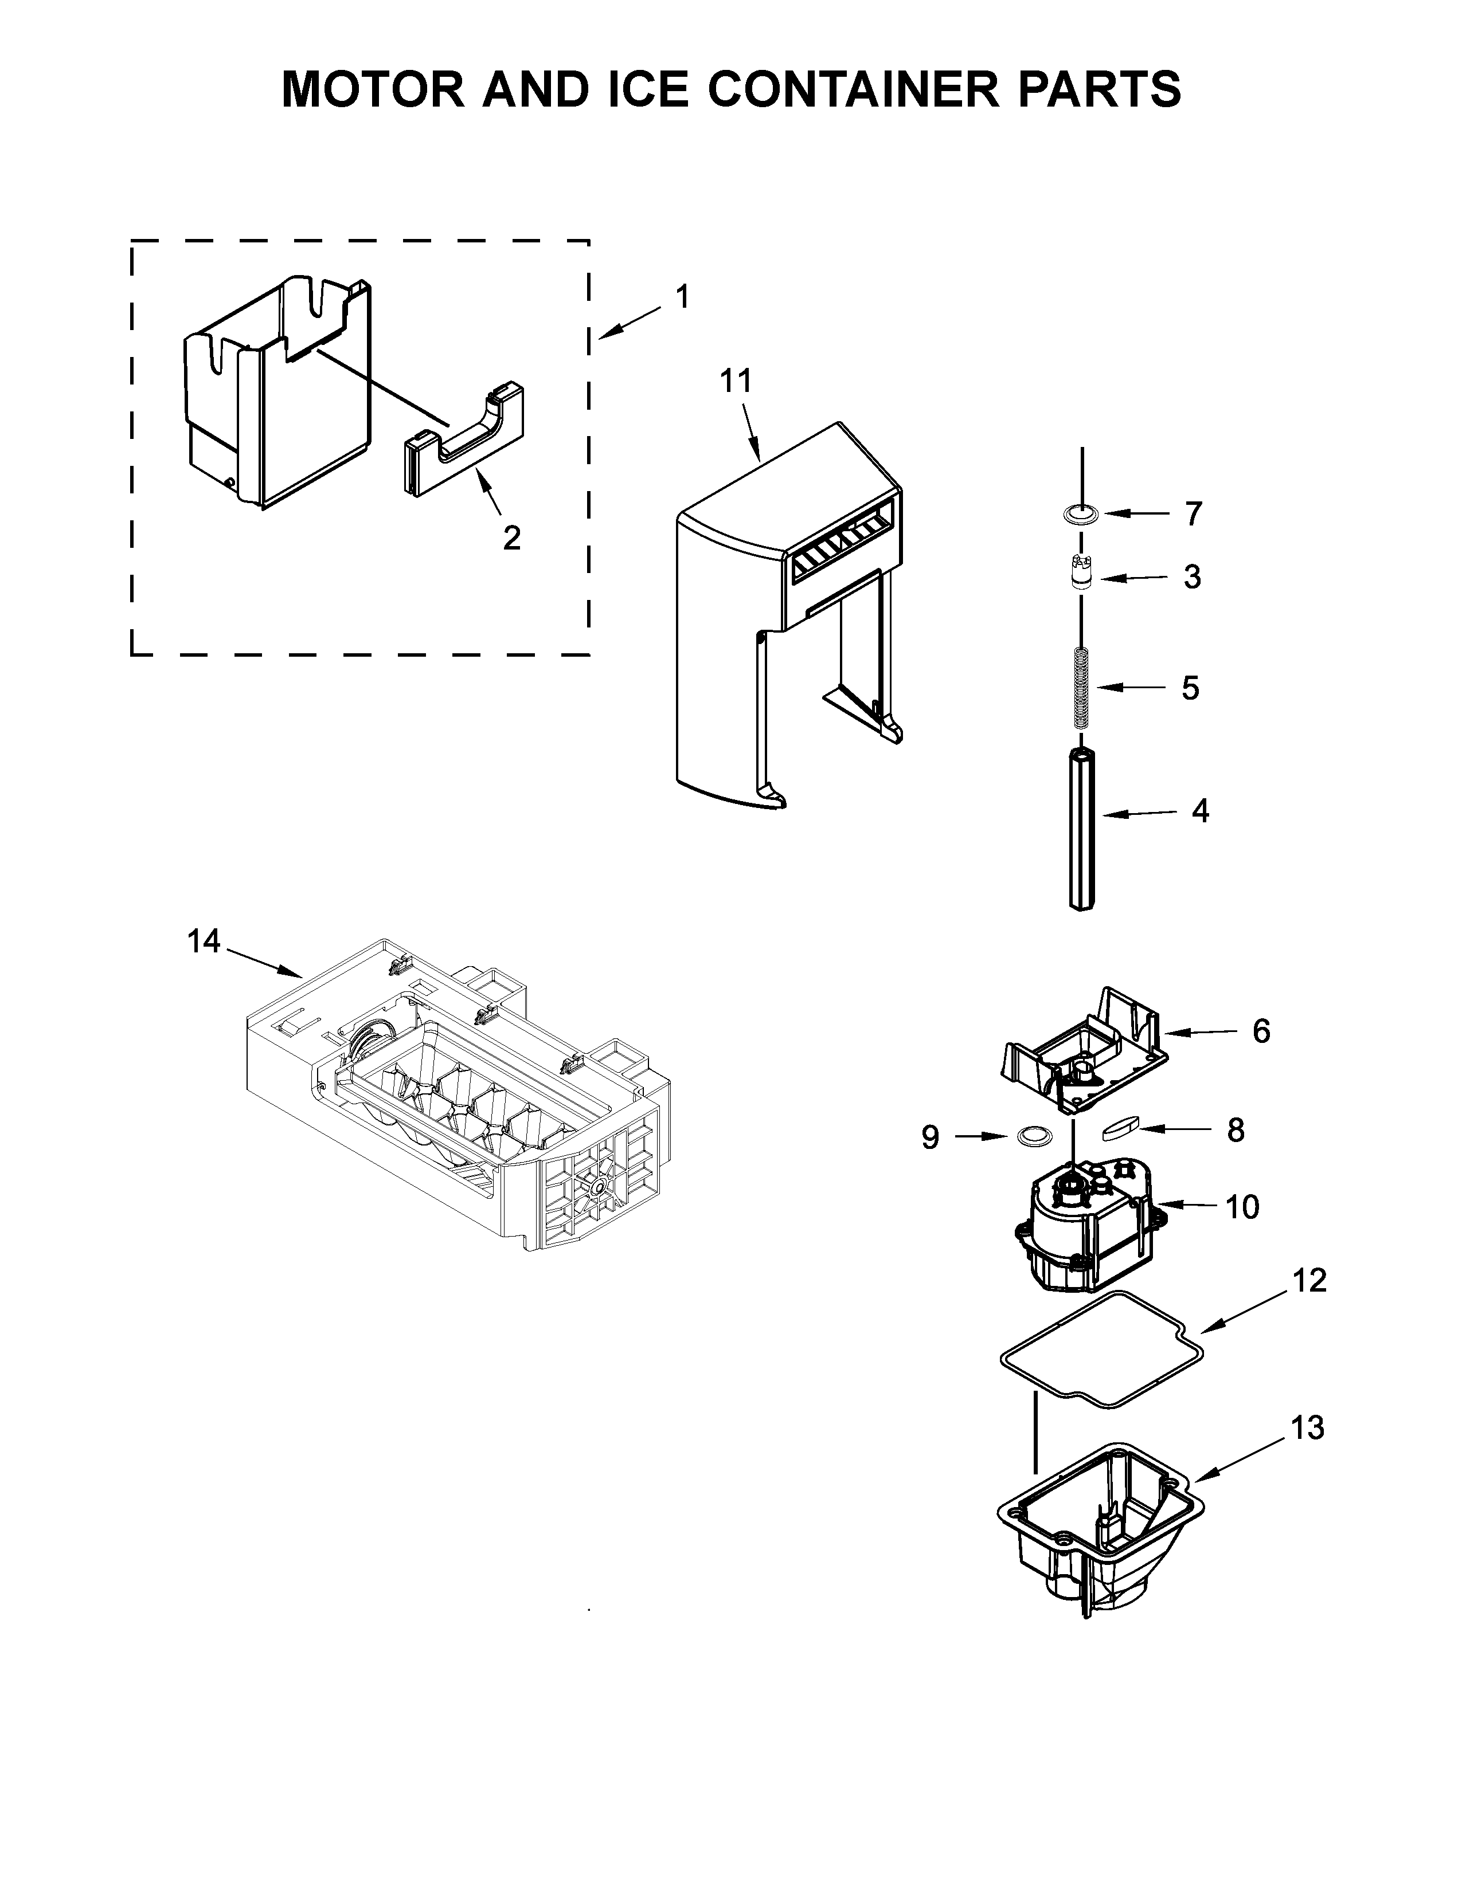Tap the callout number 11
[736, 381]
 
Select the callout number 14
[205, 941]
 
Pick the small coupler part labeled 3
[1081, 573]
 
